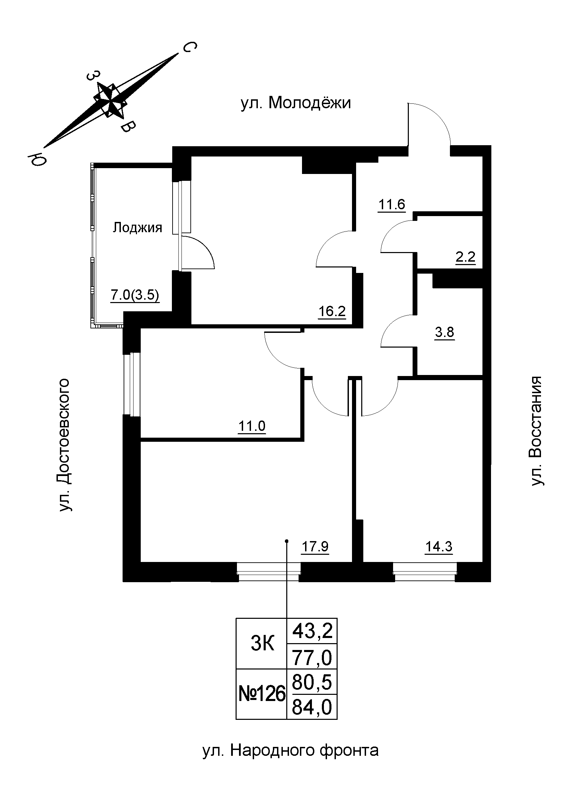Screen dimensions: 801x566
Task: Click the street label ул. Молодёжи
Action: [x=296, y=103]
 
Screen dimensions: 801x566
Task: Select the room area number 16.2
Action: [x=332, y=311]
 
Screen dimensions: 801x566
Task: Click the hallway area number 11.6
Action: [x=392, y=204]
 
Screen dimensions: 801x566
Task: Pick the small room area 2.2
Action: [x=466, y=257]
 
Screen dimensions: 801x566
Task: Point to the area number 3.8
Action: [x=445, y=332]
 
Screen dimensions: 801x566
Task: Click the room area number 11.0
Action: [x=252, y=426]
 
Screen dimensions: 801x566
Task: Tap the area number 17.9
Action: [x=315, y=547]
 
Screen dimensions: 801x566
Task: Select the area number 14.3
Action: [x=439, y=547]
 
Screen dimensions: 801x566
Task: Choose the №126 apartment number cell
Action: [x=262, y=694]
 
